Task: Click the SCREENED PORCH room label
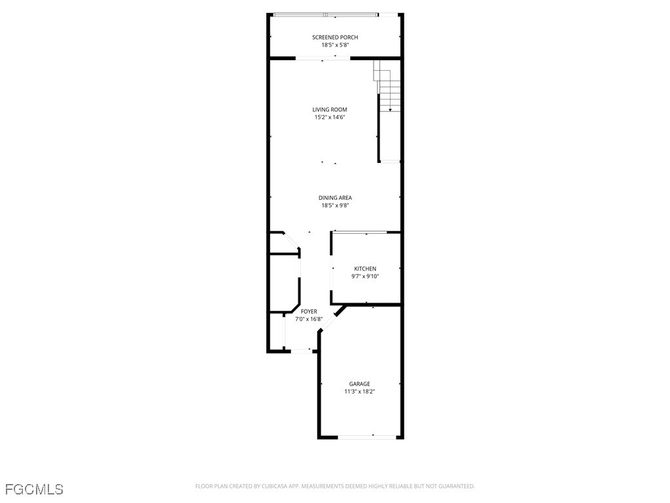335,37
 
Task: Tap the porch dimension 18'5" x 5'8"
335,45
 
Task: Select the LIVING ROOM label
329,109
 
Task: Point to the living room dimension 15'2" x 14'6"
329,117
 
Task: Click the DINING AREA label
335,197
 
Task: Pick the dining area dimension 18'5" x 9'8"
335,205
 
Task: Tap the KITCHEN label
365,269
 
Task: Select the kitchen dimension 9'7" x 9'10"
365,276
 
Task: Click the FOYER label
309,311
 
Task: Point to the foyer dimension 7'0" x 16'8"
309,319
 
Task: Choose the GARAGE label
359,384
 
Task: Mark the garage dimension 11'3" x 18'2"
359,392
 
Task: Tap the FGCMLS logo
34,489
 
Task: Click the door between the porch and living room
323,58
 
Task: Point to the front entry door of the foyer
300,351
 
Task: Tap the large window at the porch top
325,14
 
